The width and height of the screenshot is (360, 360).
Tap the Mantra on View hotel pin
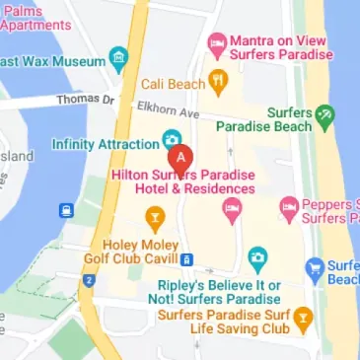(216, 43)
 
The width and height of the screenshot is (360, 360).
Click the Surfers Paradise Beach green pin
(324, 115)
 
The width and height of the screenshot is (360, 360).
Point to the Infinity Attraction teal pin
(170, 139)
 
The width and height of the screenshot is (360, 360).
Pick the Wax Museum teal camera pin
(118, 55)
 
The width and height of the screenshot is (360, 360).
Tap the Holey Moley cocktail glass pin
(155, 216)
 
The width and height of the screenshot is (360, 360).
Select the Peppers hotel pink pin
(289, 206)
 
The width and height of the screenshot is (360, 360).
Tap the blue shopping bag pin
(315, 266)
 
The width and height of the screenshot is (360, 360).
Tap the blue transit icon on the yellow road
(66, 210)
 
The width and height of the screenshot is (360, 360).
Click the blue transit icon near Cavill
(185, 258)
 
